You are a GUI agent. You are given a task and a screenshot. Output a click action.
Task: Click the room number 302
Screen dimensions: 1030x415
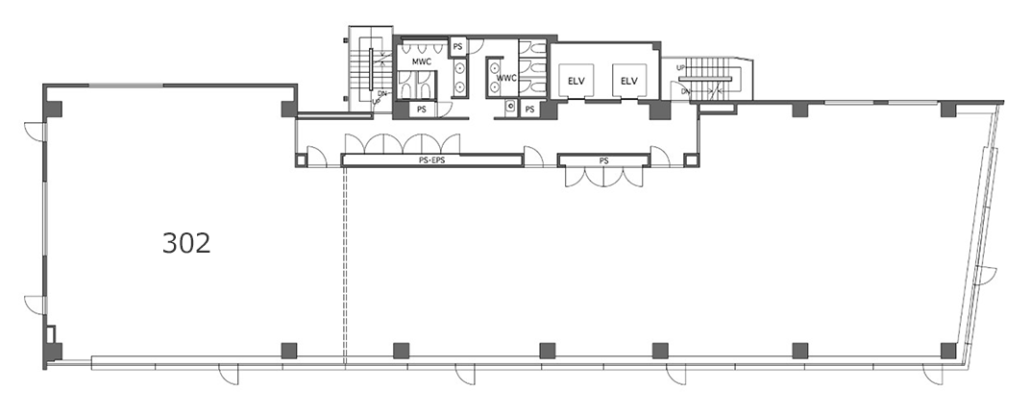(186, 244)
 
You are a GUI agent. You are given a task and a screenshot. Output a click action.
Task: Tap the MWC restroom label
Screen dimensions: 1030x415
(421, 62)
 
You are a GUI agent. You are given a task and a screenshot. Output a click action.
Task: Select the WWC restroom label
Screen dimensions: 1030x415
(507, 78)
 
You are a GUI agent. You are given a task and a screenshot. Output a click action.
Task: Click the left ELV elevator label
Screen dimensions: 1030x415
(576, 82)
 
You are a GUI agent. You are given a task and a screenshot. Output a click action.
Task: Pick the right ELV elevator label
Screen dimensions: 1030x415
(629, 82)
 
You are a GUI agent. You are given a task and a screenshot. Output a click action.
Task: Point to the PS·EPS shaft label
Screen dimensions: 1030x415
(431, 159)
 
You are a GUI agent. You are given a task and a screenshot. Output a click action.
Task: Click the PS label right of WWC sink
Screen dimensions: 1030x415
(529, 110)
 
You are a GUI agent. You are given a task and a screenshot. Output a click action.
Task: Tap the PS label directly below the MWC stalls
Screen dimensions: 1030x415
(421, 110)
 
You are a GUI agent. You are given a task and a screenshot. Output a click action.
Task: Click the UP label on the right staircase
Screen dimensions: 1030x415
(681, 67)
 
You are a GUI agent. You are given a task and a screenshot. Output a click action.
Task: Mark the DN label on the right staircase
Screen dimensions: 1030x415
(686, 91)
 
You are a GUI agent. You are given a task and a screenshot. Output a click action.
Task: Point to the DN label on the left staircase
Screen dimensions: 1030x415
(382, 94)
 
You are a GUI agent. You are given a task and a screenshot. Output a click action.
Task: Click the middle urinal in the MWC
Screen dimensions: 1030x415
(421, 48)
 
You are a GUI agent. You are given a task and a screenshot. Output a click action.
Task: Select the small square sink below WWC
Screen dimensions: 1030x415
(510, 108)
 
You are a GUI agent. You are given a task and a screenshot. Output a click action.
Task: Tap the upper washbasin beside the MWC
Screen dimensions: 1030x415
(460, 67)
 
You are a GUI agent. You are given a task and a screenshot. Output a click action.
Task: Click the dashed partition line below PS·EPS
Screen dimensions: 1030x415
(345, 264)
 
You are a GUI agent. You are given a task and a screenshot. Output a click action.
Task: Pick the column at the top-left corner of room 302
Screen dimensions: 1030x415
(53, 109)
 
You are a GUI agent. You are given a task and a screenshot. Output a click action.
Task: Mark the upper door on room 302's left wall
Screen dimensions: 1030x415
(36, 131)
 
